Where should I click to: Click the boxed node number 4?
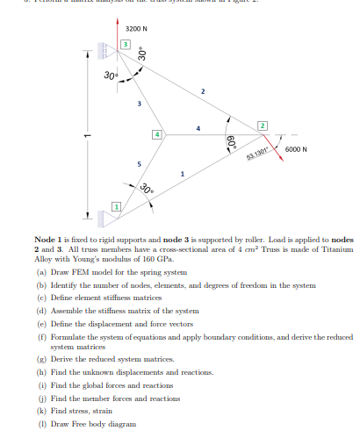point(157,134)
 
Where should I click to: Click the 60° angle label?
point(231,144)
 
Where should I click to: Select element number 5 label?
point(137,164)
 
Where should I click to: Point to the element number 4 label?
point(198,130)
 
